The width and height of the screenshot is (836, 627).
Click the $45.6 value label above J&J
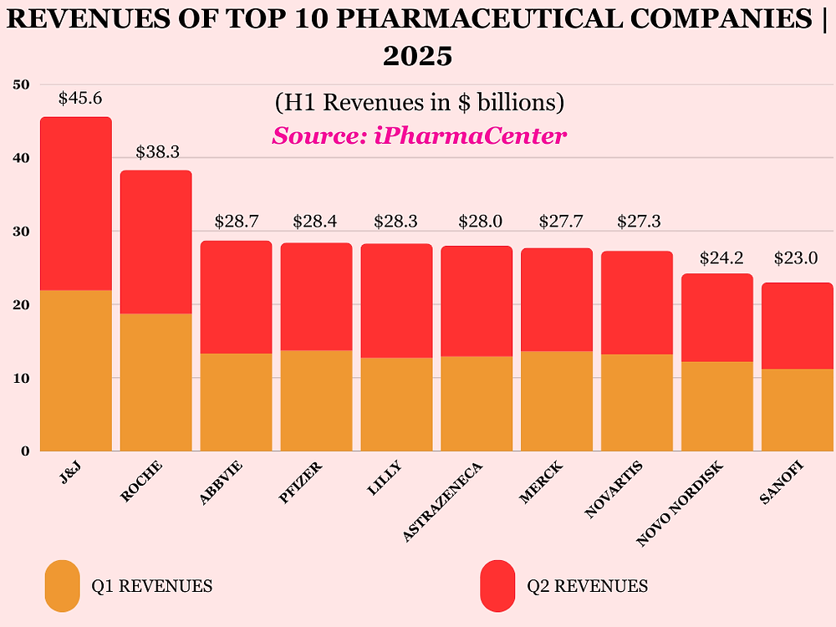coord(80,99)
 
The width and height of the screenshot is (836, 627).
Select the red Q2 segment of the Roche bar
coord(155,242)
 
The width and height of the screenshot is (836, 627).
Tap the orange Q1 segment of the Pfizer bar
coord(316,400)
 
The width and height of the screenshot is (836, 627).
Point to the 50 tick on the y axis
coord(22,84)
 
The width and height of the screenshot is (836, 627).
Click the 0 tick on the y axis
coord(25,451)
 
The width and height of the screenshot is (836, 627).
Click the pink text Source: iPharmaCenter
coord(419,135)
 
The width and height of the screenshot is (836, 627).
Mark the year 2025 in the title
coord(418,56)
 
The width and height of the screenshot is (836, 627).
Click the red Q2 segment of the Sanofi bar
coord(797,326)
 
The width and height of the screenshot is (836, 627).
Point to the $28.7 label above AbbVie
coord(237,222)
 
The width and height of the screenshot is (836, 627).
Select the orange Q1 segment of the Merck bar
coord(557,401)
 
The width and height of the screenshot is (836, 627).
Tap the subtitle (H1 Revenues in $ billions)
coord(419,103)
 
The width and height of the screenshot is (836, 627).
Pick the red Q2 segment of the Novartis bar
coord(637,303)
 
